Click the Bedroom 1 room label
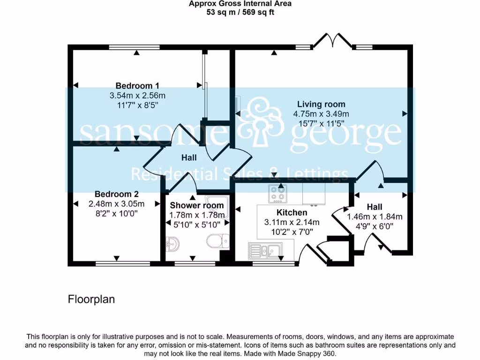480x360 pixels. [137, 86]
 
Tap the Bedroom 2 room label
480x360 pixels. [116, 194]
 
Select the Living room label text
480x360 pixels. [321, 104]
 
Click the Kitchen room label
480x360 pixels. [292, 213]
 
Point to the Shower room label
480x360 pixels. [197, 205]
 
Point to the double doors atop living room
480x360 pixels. [333, 41]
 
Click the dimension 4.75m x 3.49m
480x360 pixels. [321, 114]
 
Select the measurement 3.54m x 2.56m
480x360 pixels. [137, 96]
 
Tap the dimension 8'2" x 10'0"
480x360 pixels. [116, 213]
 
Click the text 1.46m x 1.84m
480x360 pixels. [375, 217]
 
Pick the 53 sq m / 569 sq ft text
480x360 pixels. [240, 12]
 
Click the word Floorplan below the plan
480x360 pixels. [91, 299]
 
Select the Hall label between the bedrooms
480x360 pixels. [189, 158]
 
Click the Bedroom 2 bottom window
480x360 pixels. [123, 263]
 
